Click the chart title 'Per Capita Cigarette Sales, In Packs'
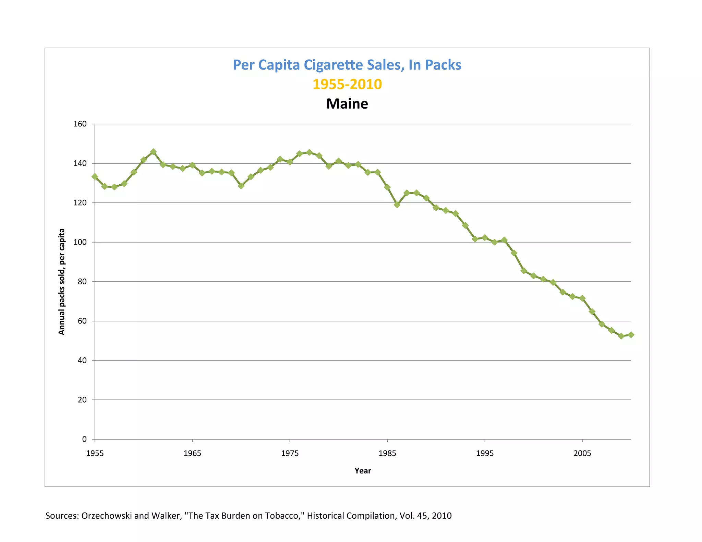[347, 65]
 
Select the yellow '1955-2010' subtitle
[347, 84]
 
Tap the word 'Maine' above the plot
[347, 104]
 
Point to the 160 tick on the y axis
[80, 124]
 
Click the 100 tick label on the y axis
[80, 242]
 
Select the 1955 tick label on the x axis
[95, 454]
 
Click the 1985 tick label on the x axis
[387, 454]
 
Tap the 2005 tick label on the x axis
[582, 454]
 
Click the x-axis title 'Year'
[363, 471]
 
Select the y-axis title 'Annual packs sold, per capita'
[62, 282]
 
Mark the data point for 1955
[95, 177]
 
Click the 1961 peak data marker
[154, 152]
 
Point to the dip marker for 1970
[241, 186]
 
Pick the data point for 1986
[397, 205]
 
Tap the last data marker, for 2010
[631, 335]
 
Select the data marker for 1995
[485, 238]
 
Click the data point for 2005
[582, 298]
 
